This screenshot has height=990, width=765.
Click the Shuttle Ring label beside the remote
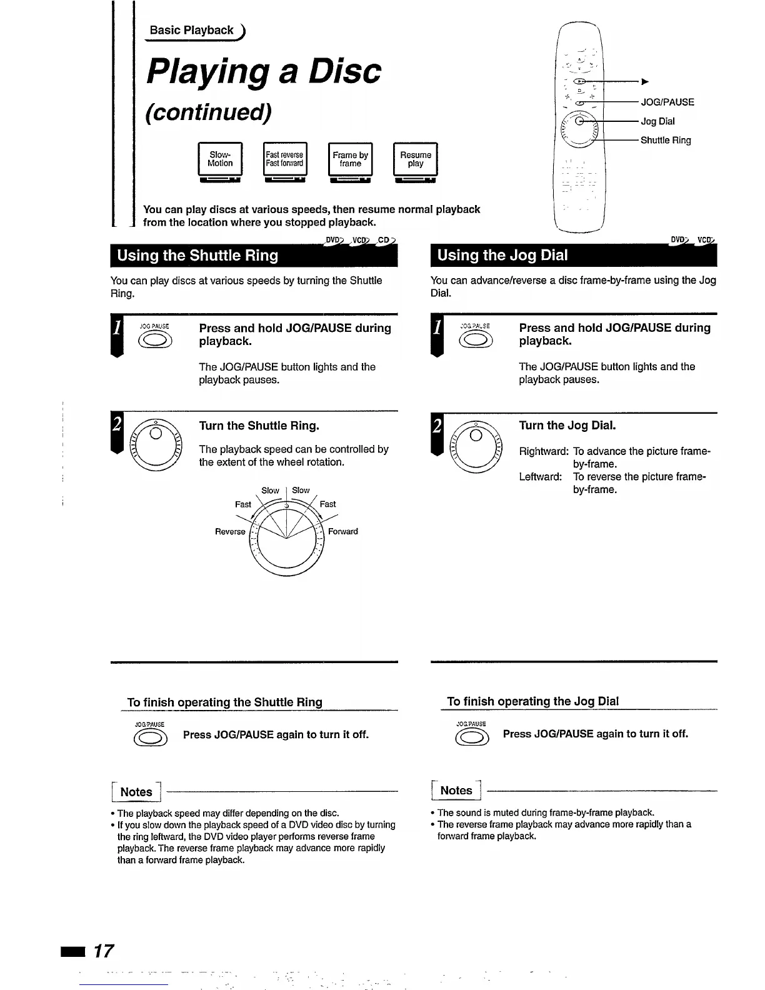tap(666, 141)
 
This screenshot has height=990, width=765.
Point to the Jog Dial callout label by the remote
tap(657, 121)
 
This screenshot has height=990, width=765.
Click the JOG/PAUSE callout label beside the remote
tap(667, 102)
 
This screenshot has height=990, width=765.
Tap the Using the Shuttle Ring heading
tap(197, 256)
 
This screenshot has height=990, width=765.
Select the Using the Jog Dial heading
tap(502, 255)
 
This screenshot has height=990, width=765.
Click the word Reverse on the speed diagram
tap(230, 532)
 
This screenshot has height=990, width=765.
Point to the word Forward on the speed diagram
tap(343, 532)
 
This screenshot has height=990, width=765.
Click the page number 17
tap(103, 951)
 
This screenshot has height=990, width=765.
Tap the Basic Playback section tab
tap(192, 30)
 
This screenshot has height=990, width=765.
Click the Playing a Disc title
tap(263, 71)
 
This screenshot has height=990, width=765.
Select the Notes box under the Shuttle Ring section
tap(136, 792)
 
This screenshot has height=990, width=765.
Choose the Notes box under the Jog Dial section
tap(456, 791)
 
